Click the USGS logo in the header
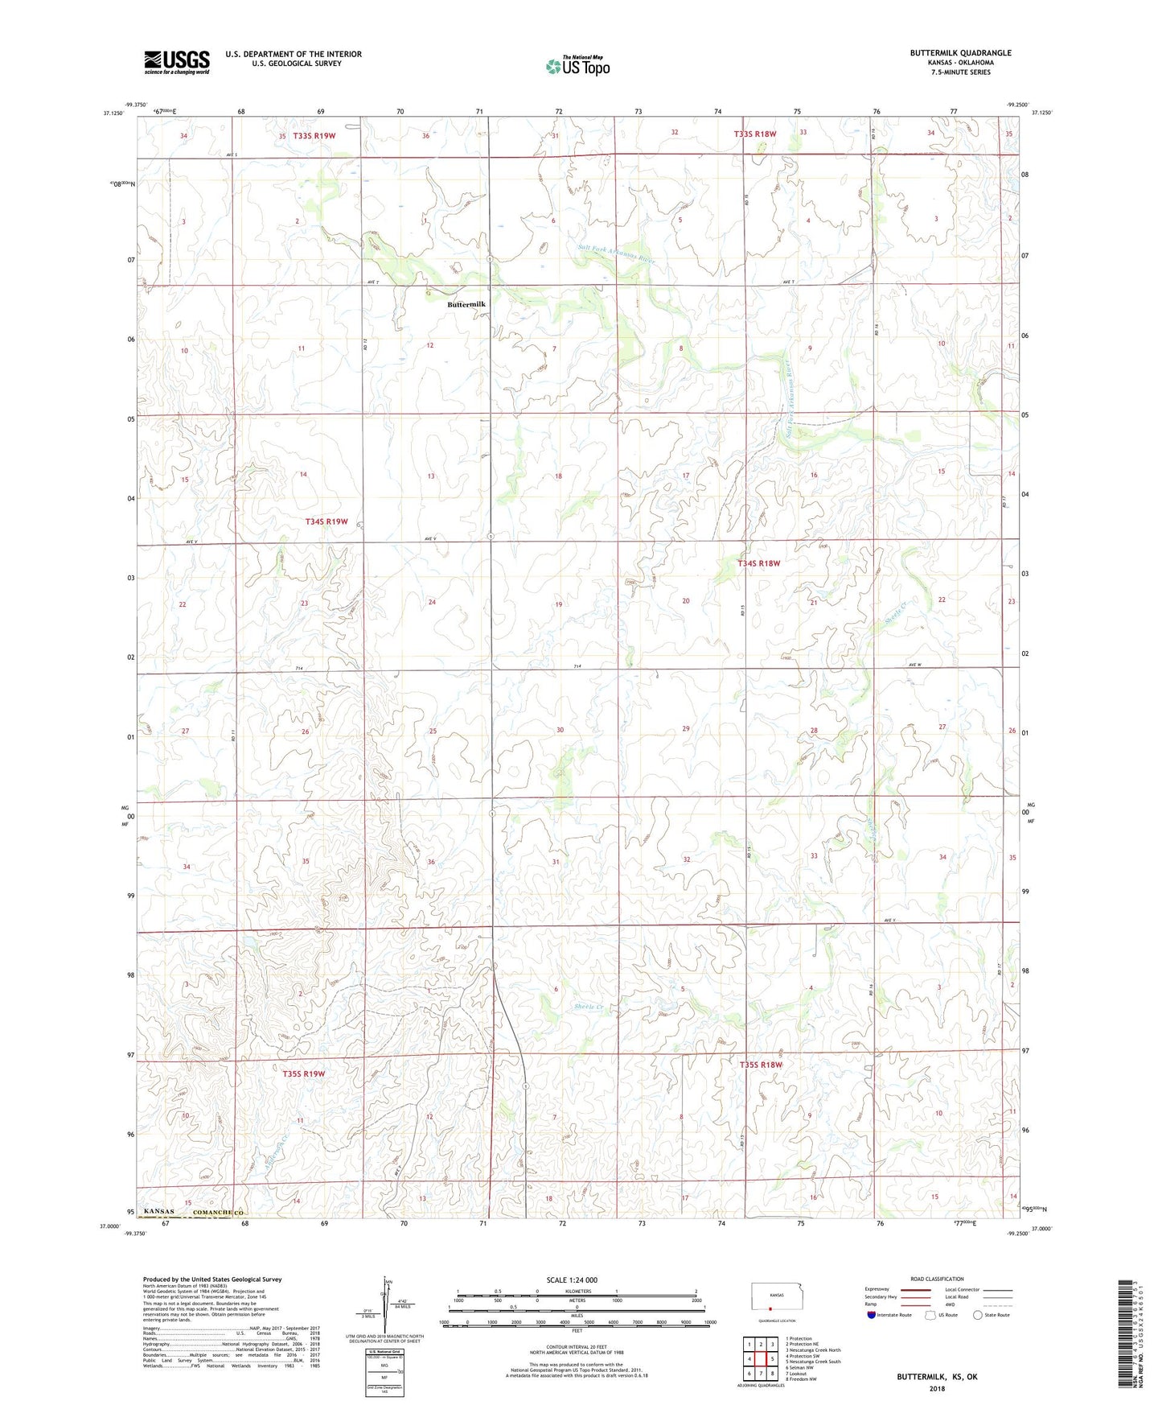coord(176,62)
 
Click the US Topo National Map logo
coord(577,66)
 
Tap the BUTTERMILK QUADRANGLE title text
coord(960,53)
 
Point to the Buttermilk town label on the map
coord(466,304)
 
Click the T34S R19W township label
coord(326,521)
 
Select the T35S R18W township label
coord(760,1065)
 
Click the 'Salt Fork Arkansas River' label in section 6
coord(616,255)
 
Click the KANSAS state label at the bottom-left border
coord(159,1212)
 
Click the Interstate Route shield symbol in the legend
coord(872,1315)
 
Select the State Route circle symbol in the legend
coord(978,1315)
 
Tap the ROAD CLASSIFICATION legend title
coord(938,1279)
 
